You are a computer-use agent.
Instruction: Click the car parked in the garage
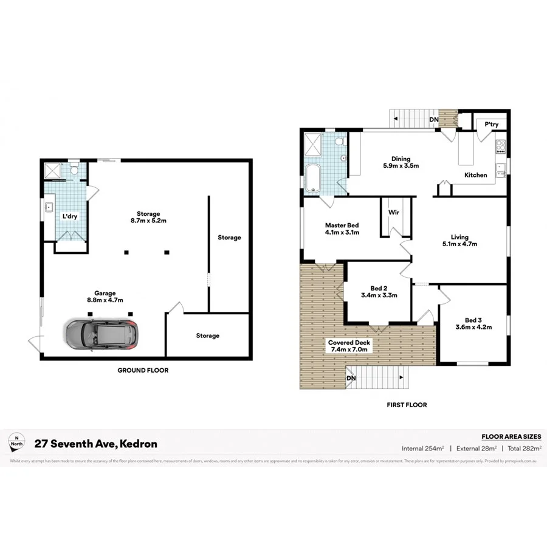click(x=101, y=334)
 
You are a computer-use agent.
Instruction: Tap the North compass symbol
click(x=17, y=443)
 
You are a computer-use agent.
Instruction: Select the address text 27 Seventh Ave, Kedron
click(x=95, y=444)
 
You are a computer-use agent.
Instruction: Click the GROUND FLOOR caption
click(x=143, y=370)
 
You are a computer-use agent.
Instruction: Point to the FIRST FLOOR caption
click(x=407, y=405)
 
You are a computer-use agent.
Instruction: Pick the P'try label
click(x=491, y=125)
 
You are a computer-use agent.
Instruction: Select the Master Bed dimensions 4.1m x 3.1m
click(x=342, y=232)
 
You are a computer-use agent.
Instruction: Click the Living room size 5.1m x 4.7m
click(x=459, y=244)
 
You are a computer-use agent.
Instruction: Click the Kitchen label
click(x=476, y=175)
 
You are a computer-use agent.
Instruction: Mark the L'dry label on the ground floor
click(x=69, y=216)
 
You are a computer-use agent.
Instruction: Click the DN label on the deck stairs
click(x=351, y=379)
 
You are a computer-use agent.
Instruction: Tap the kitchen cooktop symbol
click(x=502, y=146)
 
